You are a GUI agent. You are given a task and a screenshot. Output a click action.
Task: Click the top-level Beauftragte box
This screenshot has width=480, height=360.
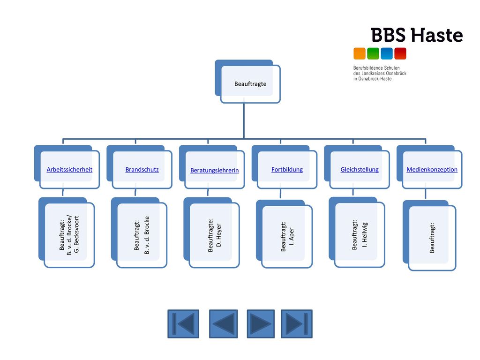pyautogui.click(x=247, y=82)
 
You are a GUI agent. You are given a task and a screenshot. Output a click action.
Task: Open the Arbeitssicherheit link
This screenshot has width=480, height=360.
pyautogui.click(x=69, y=170)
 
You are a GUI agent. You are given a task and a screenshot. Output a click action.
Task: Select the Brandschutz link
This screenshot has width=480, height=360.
pyautogui.click(x=142, y=170)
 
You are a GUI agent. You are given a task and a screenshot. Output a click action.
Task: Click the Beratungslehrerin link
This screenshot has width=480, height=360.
pyautogui.click(x=215, y=170)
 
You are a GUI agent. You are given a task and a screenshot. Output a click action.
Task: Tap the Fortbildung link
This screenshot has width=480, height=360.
pyautogui.click(x=287, y=170)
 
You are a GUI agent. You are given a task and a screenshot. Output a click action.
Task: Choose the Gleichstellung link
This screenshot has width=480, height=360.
pyautogui.click(x=360, y=170)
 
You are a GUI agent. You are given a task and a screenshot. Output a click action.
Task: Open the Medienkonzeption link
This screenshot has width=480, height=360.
pyautogui.click(x=432, y=170)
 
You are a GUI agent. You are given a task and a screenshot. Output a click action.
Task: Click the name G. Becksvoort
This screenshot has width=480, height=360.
pyautogui.click(x=76, y=234)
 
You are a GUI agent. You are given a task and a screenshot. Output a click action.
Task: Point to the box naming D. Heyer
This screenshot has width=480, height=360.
pyautogui.click(x=211, y=232)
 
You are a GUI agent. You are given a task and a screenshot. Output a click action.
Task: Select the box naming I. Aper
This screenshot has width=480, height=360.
pyautogui.click(x=284, y=234)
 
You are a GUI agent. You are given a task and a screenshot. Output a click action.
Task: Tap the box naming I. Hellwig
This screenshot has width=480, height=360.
pyautogui.click(x=357, y=232)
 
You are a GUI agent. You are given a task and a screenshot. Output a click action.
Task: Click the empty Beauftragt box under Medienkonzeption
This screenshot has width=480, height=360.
pyautogui.click(x=429, y=235)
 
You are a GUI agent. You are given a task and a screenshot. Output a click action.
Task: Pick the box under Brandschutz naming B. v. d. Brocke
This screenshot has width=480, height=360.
pyautogui.click(x=139, y=232)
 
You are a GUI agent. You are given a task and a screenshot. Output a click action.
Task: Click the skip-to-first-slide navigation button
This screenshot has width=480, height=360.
pyautogui.click(x=183, y=324)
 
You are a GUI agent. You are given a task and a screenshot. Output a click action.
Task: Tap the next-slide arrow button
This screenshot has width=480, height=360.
pyautogui.click(x=261, y=324)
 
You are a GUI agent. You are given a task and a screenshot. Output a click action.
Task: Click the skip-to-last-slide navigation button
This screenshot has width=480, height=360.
pyautogui.click(x=297, y=324)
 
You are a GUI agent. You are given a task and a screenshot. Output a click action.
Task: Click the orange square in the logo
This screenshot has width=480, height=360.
pyautogui.click(x=360, y=53)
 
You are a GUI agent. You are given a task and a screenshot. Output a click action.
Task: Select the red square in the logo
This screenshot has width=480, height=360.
pyautogui.click(x=400, y=53)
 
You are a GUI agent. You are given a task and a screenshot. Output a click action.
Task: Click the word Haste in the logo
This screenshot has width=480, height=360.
pyautogui.click(x=437, y=35)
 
